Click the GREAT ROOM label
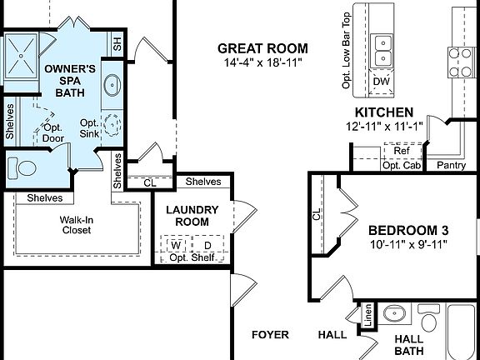coord(262,48)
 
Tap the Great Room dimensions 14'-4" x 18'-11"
coord(262,62)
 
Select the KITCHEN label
coord(384,112)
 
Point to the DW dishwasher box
coord(382,81)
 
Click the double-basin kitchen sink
coord(383,49)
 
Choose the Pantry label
coord(451,165)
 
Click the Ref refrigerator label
coord(401,151)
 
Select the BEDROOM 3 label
coord(409,230)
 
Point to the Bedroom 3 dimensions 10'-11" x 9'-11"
coord(409,244)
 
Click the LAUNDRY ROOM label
coord(192,217)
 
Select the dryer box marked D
coord(207,245)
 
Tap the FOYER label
coord(271,335)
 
